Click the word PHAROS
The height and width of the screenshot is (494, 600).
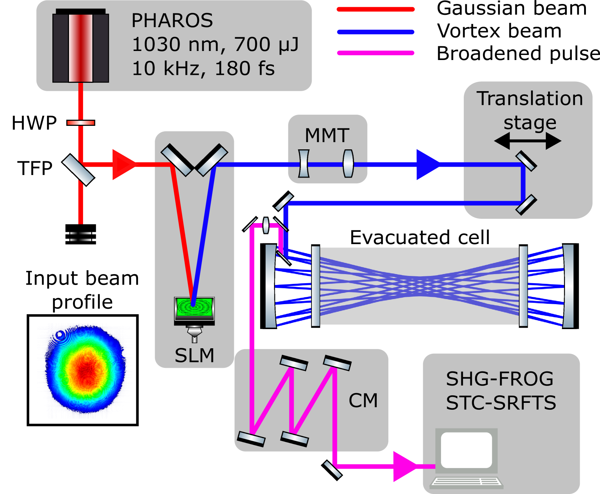point(172,20)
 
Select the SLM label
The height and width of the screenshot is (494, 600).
point(194,355)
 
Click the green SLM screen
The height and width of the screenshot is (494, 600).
point(194,307)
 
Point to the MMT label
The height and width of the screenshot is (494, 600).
point(327,136)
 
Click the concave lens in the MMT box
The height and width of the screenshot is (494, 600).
point(304,163)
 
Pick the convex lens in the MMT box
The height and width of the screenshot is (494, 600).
point(348,163)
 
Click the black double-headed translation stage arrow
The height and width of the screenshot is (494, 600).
point(527,141)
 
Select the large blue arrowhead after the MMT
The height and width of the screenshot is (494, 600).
point(427,165)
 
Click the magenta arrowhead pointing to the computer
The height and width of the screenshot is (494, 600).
point(404,466)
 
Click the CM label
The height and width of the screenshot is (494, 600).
point(363,400)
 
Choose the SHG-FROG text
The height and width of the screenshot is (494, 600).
point(500,379)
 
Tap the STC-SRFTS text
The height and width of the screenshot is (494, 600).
point(501,403)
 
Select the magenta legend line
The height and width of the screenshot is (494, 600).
point(376,53)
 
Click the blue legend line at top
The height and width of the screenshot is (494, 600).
point(376,32)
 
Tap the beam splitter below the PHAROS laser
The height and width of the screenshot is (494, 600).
point(78,170)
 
